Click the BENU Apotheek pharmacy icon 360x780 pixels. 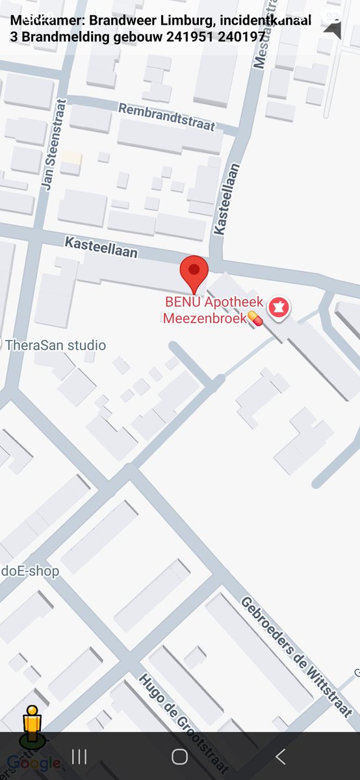279,308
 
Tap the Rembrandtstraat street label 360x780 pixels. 166,117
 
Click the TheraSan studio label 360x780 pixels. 55,345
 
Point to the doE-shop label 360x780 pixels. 30,571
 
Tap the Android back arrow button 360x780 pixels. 281,756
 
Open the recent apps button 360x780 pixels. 79,756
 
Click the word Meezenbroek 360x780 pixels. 204,318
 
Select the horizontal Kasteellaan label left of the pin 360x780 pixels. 101,247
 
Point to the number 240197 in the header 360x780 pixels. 241,36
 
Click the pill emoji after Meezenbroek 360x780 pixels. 254,318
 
